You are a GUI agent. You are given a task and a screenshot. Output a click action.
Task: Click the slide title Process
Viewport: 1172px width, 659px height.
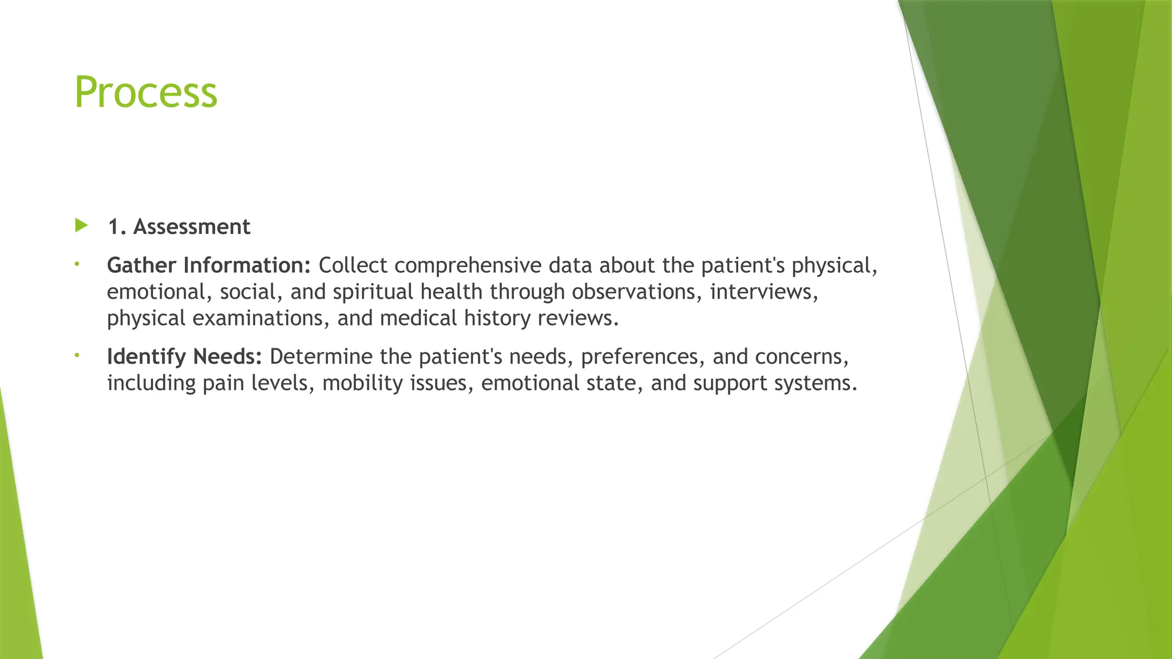[146, 92]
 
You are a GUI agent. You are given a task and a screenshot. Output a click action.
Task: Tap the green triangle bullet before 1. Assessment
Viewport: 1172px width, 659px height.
[81, 225]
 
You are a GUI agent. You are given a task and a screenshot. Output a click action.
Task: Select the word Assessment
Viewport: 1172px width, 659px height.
[192, 227]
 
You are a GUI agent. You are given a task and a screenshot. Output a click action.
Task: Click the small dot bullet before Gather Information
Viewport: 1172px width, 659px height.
[76, 264]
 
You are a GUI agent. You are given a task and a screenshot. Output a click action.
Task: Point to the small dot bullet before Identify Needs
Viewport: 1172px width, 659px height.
[76, 356]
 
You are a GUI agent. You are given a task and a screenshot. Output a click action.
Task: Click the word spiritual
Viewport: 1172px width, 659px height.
[373, 292]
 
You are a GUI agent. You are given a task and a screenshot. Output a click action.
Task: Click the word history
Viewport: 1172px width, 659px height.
[497, 318]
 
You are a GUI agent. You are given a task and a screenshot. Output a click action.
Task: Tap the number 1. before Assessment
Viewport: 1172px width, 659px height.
[117, 227]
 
